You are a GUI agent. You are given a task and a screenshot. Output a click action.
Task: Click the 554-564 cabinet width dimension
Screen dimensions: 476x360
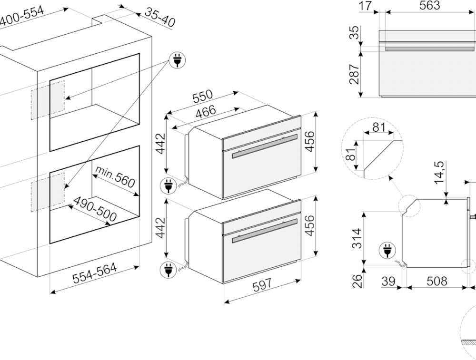[x=94, y=273]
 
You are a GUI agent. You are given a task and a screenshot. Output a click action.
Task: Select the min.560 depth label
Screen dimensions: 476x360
[x=115, y=176]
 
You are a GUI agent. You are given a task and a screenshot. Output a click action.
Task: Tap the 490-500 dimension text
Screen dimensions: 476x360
[x=95, y=209]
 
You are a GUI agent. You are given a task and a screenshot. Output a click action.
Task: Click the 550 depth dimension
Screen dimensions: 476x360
[x=202, y=97]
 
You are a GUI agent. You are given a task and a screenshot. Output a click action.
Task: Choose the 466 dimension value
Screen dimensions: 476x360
[x=206, y=112]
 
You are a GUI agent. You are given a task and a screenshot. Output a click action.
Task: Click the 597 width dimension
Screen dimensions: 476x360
[x=262, y=285]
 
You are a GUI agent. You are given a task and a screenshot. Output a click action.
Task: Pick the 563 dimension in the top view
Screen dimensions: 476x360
[x=429, y=5]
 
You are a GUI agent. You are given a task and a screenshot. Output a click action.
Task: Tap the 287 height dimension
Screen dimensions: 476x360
[x=354, y=74]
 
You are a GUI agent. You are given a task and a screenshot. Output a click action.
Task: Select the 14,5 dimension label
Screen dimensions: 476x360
[x=439, y=173]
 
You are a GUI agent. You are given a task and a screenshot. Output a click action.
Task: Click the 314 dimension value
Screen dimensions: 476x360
[x=357, y=238]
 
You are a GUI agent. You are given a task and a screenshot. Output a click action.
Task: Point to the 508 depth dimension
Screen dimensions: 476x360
[x=437, y=281]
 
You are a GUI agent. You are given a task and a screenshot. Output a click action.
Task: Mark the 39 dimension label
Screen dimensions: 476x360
[x=388, y=281]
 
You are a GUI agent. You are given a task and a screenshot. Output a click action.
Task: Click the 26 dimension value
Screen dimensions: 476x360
[x=357, y=281]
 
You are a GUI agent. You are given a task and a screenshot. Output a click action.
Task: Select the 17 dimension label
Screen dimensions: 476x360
[x=366, y=6]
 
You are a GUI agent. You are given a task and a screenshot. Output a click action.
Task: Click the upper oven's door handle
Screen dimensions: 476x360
[x=265, y=146]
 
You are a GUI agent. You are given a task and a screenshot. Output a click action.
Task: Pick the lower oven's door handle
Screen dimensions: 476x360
[x=265, y=231]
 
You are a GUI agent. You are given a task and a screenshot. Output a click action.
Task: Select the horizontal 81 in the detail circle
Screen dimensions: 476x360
[x=379, y=127]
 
